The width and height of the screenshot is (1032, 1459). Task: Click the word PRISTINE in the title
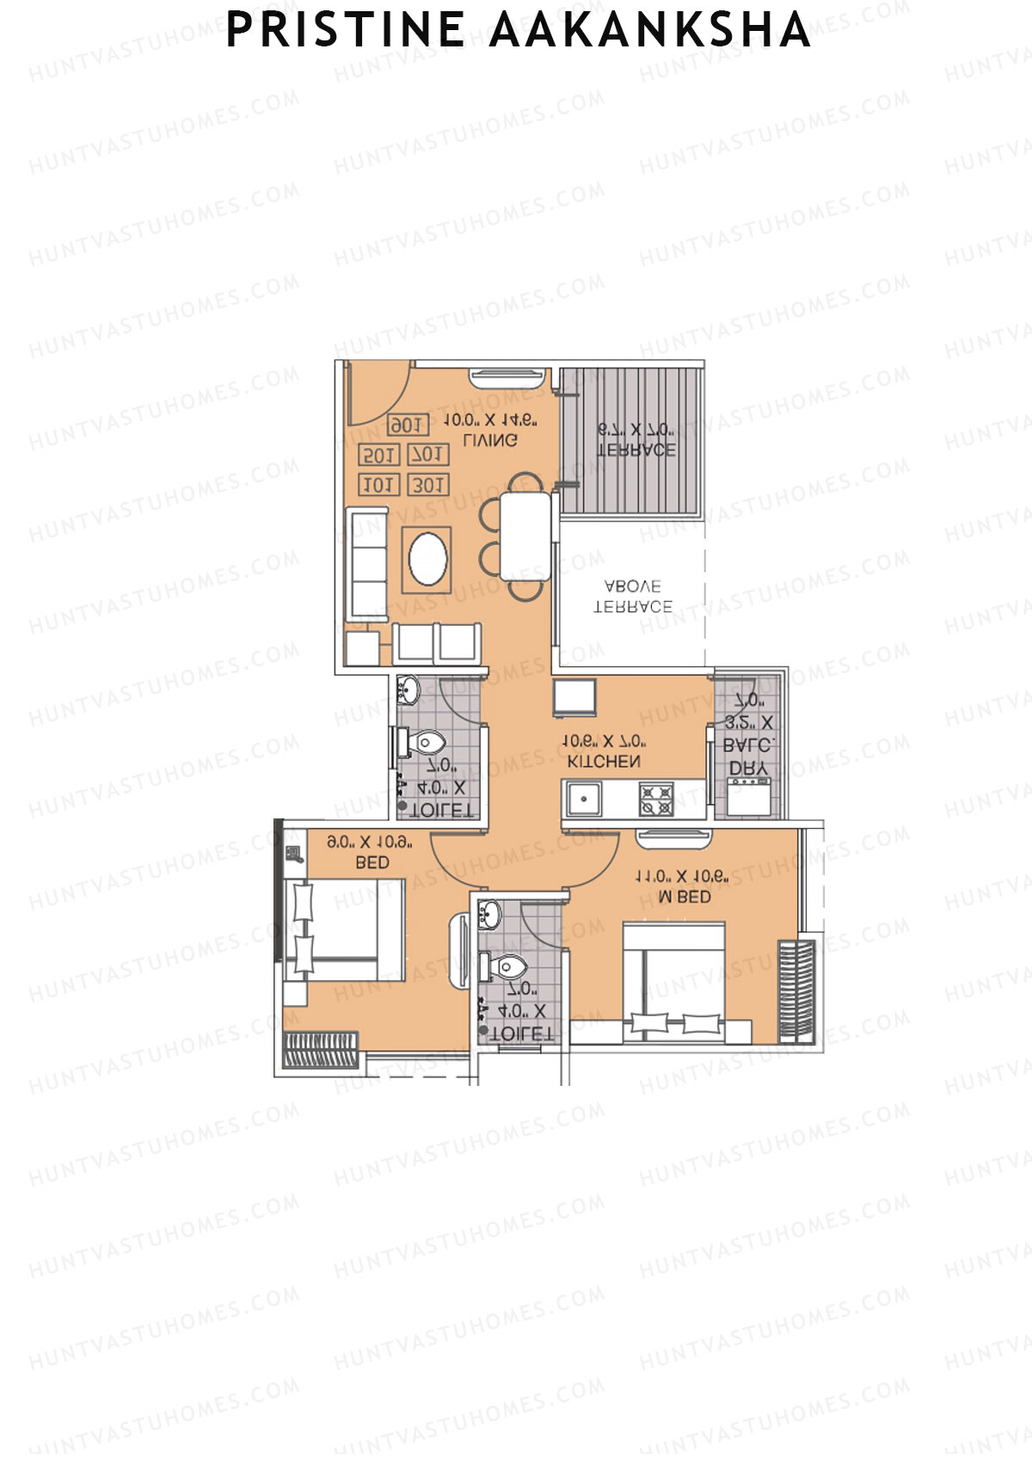point(345,30)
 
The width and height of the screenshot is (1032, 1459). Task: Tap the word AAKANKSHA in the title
point(649,30)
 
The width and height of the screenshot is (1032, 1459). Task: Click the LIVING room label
point(490,440)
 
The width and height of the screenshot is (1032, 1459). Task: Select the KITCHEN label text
point(604,762)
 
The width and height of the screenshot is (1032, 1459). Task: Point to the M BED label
point(685,897)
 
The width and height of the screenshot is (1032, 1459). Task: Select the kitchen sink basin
point(584,799)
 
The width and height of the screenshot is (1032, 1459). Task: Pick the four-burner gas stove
point(656,799)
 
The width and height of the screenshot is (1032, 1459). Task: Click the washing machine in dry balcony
point(747,796)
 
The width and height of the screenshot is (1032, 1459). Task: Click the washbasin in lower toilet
point(489,916)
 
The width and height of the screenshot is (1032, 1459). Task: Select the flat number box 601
point(406,426)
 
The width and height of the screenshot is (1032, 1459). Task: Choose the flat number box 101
point(378,485)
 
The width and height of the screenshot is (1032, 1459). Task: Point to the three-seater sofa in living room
point(368,564)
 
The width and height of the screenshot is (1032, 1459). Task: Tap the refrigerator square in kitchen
point(574,697)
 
